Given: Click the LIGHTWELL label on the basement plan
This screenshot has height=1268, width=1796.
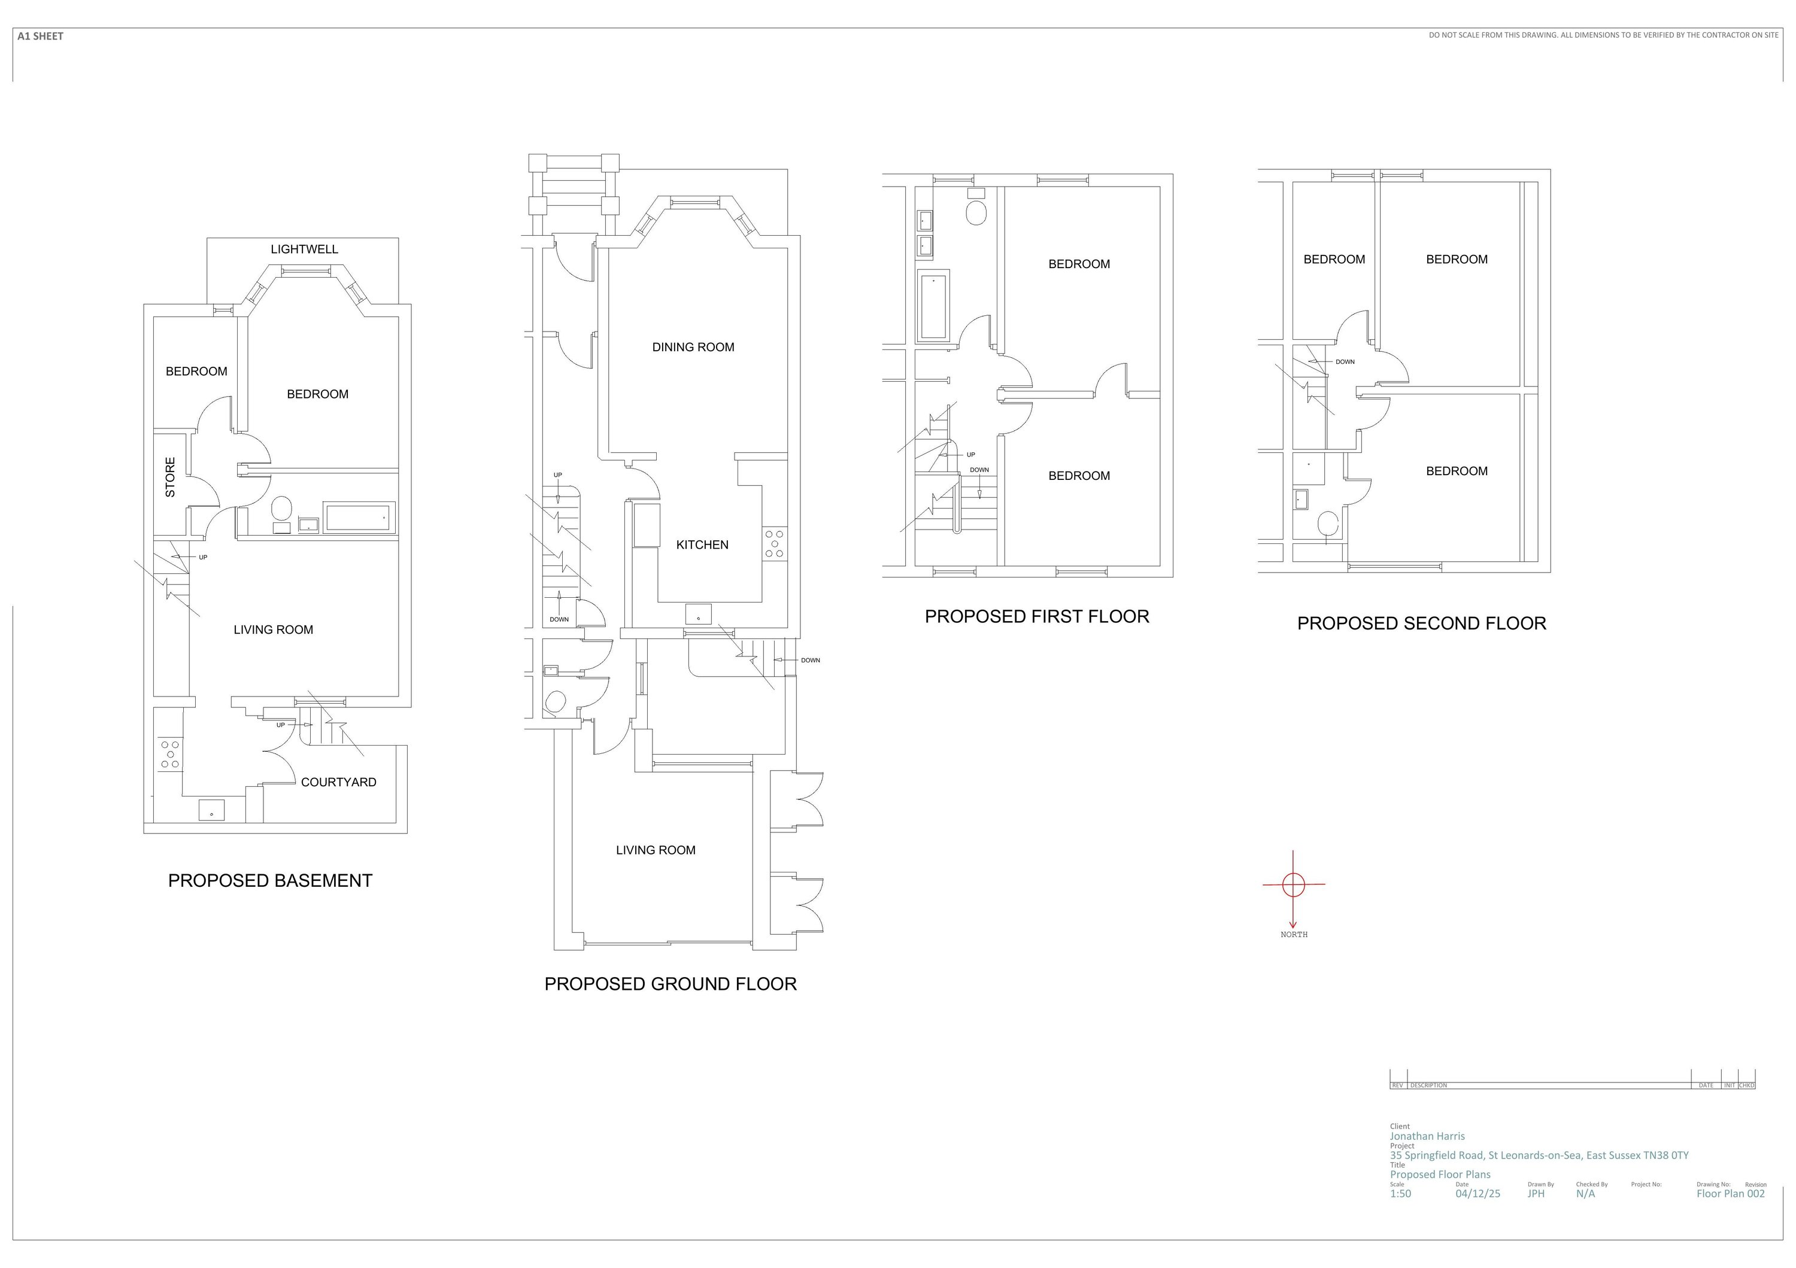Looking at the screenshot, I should [304, 250].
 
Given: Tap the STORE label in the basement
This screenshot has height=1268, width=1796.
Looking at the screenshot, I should [170, 477].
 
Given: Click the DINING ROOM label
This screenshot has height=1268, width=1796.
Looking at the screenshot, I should [693, 347].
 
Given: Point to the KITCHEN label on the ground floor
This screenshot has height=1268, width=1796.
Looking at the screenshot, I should [702, 545].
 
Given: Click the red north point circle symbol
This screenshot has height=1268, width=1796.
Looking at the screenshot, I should [1294, 885].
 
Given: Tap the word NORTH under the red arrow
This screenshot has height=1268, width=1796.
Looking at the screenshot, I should [1294, 934].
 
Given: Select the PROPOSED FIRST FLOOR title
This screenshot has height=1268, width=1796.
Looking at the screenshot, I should [1036, 617].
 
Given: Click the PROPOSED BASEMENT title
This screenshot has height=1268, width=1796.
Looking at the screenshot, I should [270, 880].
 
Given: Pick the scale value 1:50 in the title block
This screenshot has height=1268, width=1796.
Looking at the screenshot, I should [1400, 1194].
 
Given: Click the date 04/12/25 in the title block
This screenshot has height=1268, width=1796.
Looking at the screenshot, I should [1478, 1194].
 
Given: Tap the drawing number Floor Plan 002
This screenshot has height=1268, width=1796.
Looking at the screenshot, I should [1730, 1194].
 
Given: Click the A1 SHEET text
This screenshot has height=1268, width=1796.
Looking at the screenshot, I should [40, 36].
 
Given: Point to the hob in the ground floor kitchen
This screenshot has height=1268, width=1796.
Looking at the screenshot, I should [775, 543].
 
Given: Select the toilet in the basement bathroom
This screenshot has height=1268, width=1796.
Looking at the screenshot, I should [281, 509].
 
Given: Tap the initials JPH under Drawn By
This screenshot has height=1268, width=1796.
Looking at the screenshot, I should [1536, 1194].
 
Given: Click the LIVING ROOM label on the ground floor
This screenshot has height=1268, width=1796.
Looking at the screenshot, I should [655, 850].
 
